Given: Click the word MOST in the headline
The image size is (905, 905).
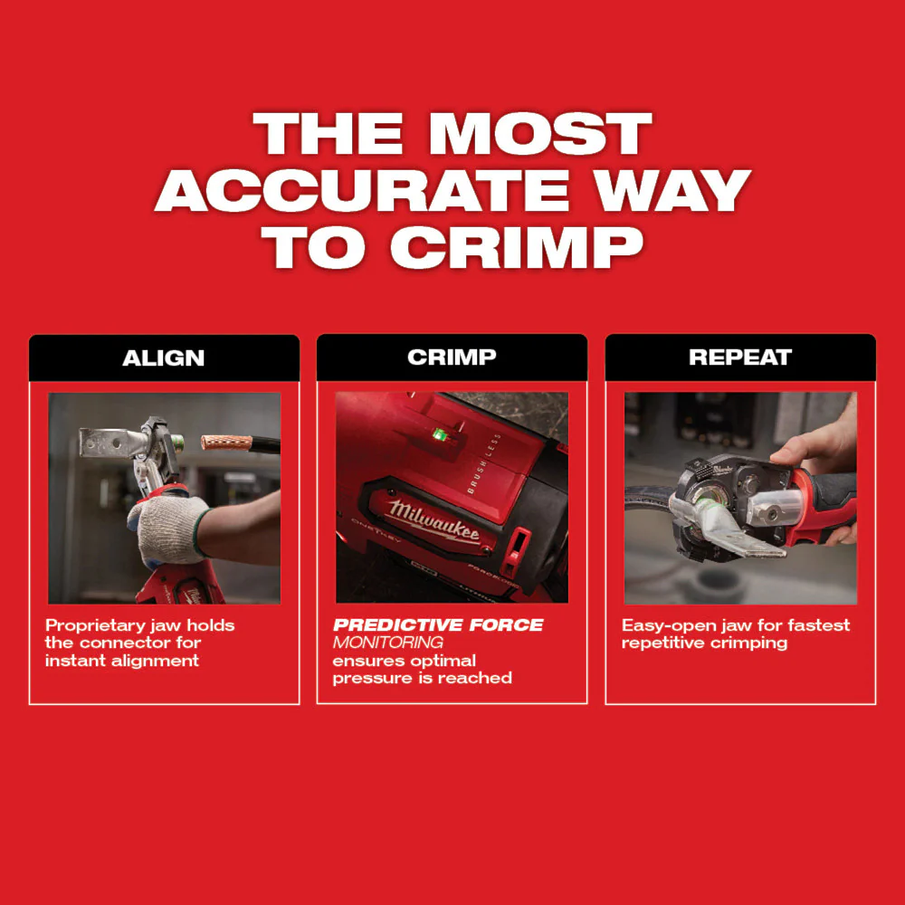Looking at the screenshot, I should click(540, 134).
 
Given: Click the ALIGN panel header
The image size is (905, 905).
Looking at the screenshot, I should click(164, 357).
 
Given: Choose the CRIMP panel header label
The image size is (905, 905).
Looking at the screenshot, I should click(452, 357).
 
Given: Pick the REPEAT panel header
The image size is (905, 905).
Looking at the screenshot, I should click(739, 357).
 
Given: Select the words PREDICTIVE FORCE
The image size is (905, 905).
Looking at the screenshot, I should click(438, 625).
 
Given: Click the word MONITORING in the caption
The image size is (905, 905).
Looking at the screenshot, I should click(387, 643).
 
